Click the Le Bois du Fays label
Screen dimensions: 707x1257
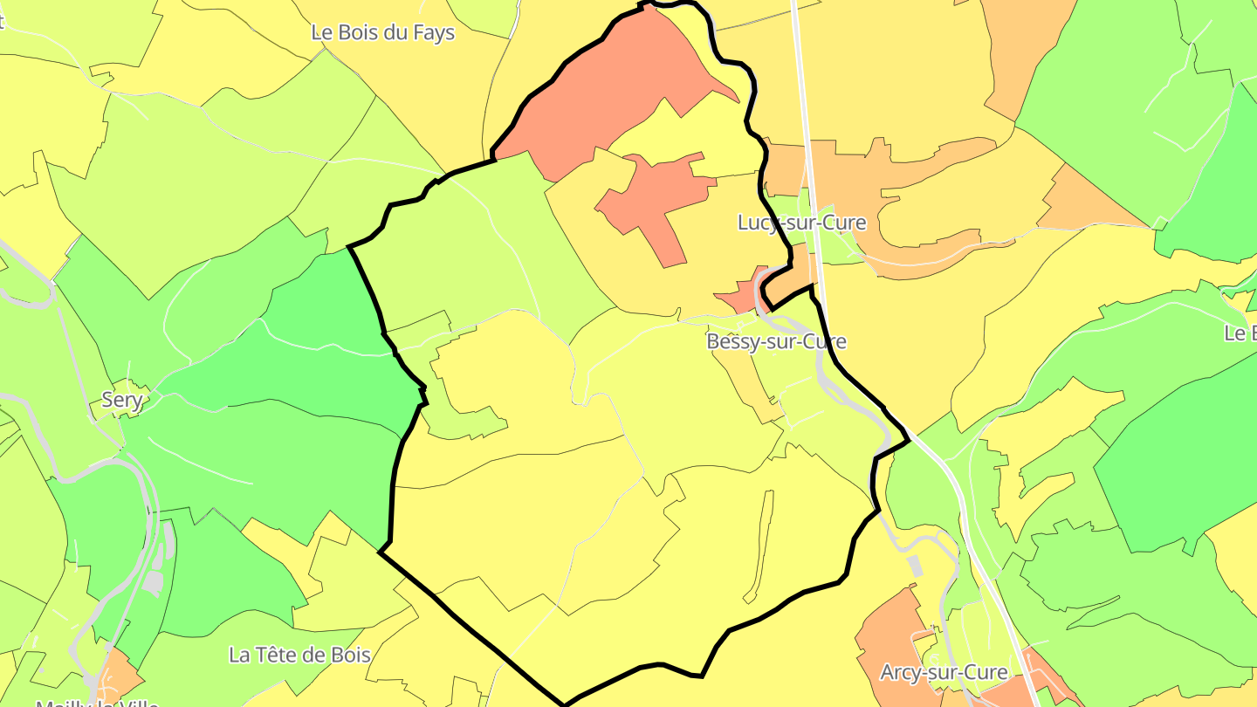point(383,33)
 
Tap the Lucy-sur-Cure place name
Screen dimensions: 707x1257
point(801,223)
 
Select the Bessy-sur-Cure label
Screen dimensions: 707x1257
point(776,341)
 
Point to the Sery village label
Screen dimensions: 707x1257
point(122,400)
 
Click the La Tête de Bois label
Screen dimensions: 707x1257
point(299,655)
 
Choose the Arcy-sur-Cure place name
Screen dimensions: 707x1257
point(944,673)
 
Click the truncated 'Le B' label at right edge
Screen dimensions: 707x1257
point(1240,333)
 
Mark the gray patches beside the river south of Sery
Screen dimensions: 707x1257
point(155,580)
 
